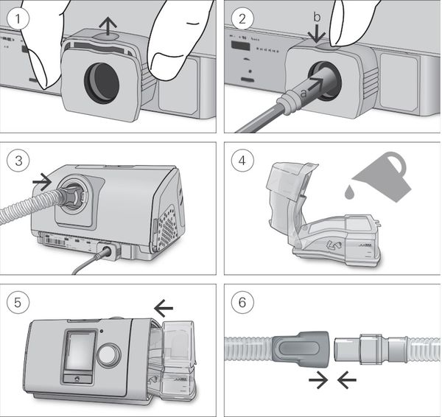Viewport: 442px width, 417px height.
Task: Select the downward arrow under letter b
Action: point(317,33)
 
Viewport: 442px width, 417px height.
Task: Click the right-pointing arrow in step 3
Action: point(43,179)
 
